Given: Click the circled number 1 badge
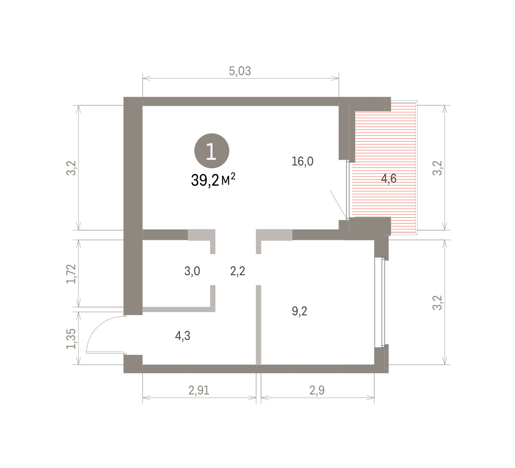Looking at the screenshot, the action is click(x=212, y=151).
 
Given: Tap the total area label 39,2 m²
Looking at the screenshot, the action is click(x=213, y=180).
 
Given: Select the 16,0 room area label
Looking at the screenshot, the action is click(x=303, y=161).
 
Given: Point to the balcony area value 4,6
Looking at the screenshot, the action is click(x=389, y=178).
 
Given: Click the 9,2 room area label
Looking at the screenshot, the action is click(x=300, y=311).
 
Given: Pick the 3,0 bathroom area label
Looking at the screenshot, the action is click(x=192, y=271).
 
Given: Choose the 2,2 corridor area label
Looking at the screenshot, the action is click(x=237, y=271).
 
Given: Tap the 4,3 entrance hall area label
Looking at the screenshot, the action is click(x=182, y=336).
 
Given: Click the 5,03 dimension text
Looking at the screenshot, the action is click(x=240, y=71).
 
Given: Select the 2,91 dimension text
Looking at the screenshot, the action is click(x=199, y=390).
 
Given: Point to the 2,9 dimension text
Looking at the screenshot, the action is click(x=317, y=390).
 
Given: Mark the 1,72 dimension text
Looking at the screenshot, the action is click(x=71, y=274).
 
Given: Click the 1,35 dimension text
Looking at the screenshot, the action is click(x=71, y=339).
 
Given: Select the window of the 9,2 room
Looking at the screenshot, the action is click(x=383, y=302).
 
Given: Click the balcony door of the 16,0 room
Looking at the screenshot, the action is click(x=348, y=190).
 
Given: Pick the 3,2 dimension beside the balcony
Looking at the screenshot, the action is click(x=437, y=168).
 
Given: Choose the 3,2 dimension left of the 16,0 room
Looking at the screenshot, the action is click(x=71, y=168).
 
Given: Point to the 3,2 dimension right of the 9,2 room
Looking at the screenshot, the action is click(x=437, y=303).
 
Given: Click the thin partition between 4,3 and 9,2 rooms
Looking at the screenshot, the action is click(x=258, y=325).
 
